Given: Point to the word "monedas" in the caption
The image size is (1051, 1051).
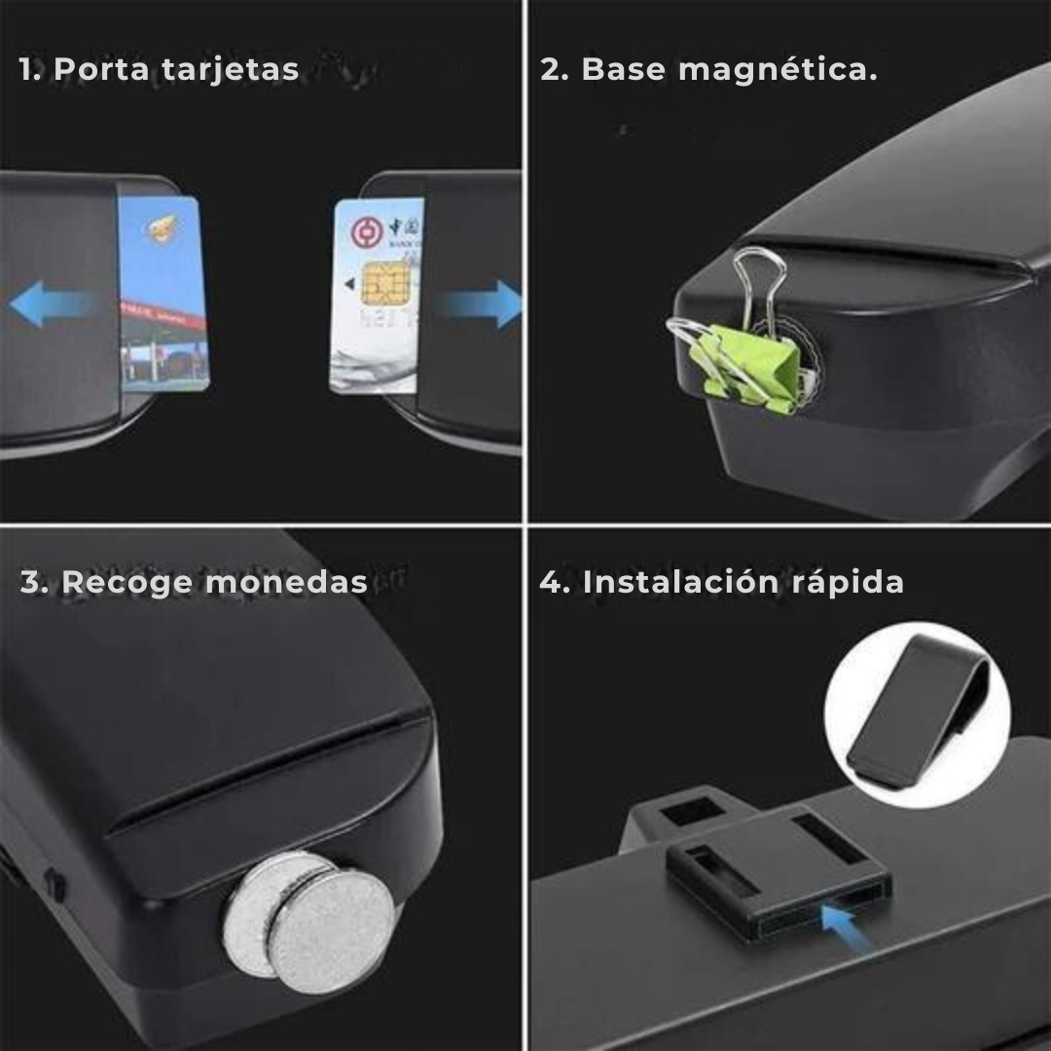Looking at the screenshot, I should (x=287, y=582).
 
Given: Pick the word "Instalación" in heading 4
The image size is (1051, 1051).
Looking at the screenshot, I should (x=668, y=582).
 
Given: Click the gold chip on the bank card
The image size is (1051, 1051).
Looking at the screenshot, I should (x=381, y=282).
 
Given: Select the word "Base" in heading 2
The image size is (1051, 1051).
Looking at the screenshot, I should (x=624, y=70).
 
